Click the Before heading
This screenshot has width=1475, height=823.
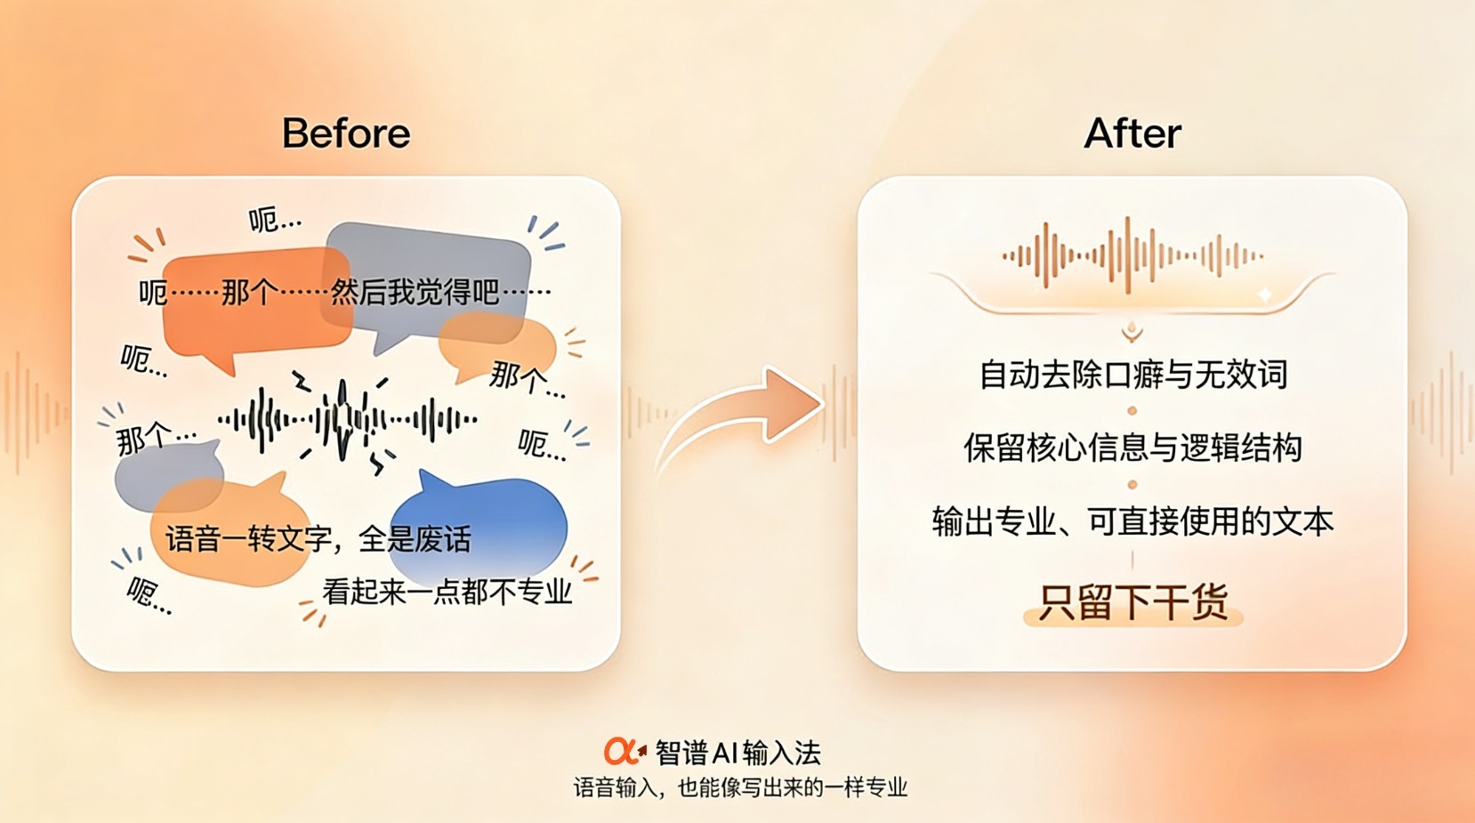click(x=346, y=133)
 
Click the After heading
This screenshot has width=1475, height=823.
click(x=1132, y=133)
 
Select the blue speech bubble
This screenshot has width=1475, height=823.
click(x=479, y=523)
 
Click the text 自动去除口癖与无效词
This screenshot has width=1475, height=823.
click(x=1132, y=375)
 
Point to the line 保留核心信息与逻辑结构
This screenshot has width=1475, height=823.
click(x=1132, y=448)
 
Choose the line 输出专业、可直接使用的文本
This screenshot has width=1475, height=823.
click(x=1132, y=521)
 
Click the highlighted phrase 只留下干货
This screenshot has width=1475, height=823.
click(x=1132, y=601)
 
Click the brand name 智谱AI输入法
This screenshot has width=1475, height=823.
click(x=737, y=753)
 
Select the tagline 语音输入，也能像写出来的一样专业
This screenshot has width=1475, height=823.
click(x=740, y=787)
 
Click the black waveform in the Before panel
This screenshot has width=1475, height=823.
click(x=347, y=419)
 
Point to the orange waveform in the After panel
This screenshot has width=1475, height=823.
click(x=1132, y=255)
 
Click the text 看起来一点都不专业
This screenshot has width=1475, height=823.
click(x=447, y=592)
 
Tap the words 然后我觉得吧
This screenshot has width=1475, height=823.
click(x=415, y=292)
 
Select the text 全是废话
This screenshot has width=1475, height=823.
click(x=415, y=539)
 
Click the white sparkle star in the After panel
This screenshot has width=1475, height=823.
click(x=1265, y=295)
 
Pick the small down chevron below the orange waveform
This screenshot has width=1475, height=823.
click(x=1132, y=334)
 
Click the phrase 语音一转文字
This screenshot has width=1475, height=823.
click(x=248, y=539)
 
